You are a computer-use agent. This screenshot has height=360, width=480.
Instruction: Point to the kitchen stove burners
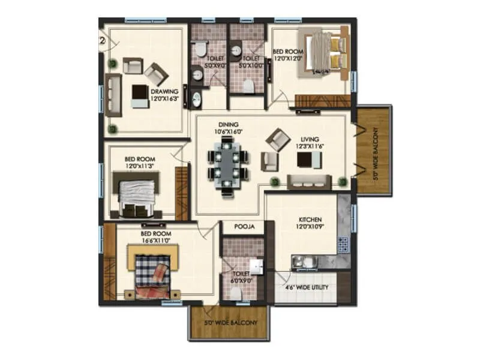[x=343, y=244]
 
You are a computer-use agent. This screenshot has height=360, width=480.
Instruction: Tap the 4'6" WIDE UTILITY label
[x=306, y=287]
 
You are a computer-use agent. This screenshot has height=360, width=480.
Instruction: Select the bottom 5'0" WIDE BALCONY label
[x=230, y=323]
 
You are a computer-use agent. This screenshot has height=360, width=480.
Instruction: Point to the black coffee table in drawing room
[x=140, y=92]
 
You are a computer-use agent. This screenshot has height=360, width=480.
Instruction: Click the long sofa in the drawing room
[x=113, y=94]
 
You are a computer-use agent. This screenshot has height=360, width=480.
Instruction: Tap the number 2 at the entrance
[x=103, y=41]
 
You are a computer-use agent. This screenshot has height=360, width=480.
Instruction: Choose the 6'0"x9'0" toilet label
[x=242, y=277]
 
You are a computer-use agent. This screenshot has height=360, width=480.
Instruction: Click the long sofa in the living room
[x=308, y=181]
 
